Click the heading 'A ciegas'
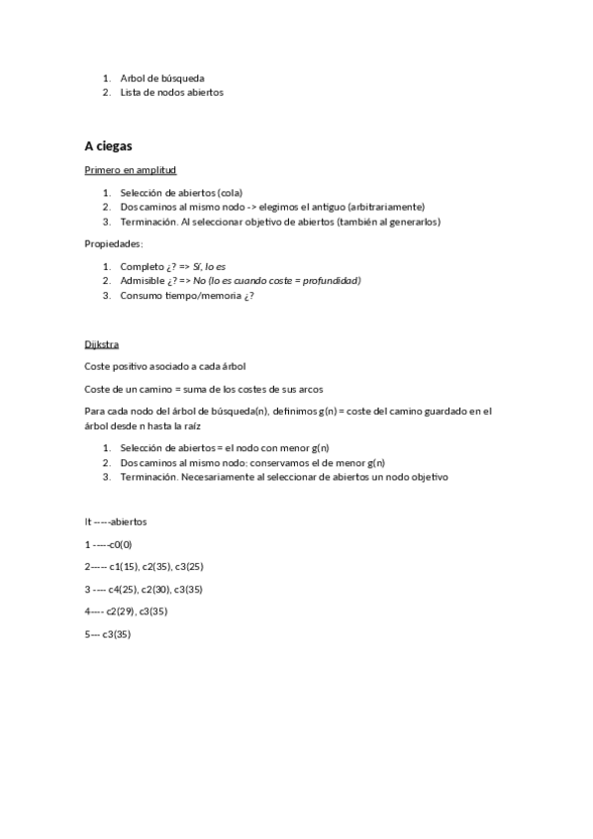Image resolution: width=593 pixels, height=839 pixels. [x=109, y=145]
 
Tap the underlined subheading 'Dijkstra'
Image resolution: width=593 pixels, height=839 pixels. [x=103, y=344]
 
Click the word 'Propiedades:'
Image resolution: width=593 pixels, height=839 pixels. [x=115, y=243]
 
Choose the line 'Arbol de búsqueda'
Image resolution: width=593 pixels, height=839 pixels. [x=162, y=78]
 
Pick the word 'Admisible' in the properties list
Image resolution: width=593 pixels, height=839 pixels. [x=142, y=281]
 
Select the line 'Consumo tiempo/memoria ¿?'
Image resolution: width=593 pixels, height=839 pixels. [x=180, y=295]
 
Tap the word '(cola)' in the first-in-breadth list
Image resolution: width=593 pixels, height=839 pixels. [x=228, y=193]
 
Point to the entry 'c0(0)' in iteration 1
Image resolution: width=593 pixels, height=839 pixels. [x=121, y=544]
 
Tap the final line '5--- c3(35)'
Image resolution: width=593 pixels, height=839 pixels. [x=108, y=634]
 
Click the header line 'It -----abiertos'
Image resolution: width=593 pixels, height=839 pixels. [x=117, y=521]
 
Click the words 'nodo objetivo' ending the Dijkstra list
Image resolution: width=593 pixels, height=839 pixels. [x=420, y=477]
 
